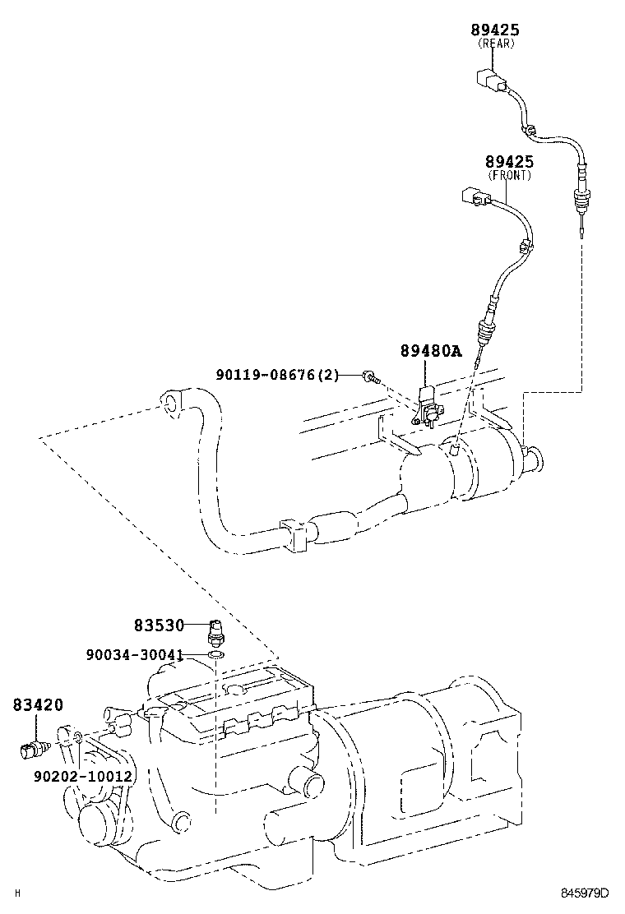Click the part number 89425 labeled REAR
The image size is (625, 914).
pos(495,30)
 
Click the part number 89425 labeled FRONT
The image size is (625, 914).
pos(508,162)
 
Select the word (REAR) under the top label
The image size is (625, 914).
pos(495,44)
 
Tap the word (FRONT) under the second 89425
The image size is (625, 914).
pos(509,175)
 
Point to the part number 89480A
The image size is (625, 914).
pos(431,351)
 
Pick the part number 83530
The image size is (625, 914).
pos(160,625)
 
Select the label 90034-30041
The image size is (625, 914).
pos(134,655)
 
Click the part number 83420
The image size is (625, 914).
pos(38,704)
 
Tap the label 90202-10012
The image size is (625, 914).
pos(83,775)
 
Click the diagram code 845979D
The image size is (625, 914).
pos(585,893)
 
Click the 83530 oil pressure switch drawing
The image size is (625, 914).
pos(215,634)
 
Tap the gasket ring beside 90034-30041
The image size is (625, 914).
pos(215,655)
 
